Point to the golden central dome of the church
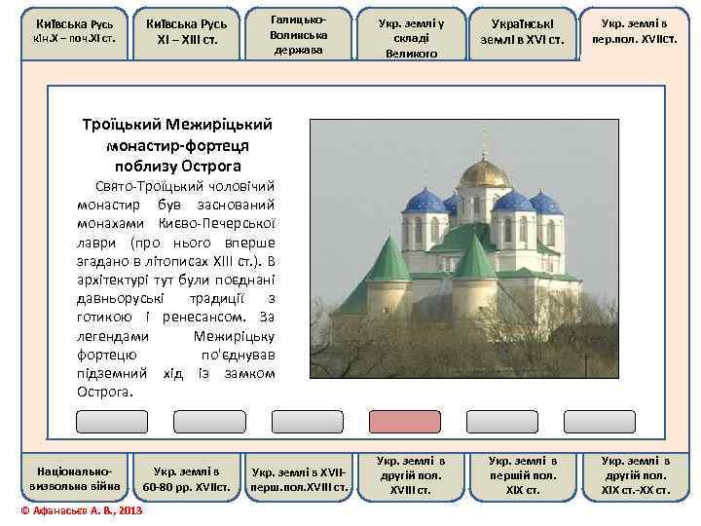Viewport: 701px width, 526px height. (x=485, y=173)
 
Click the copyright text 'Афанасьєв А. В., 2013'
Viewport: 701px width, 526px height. (x=81, y=510)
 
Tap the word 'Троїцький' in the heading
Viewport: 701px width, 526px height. (x=119, y=125)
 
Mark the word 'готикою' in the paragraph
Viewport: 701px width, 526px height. (x=102, y=317)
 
